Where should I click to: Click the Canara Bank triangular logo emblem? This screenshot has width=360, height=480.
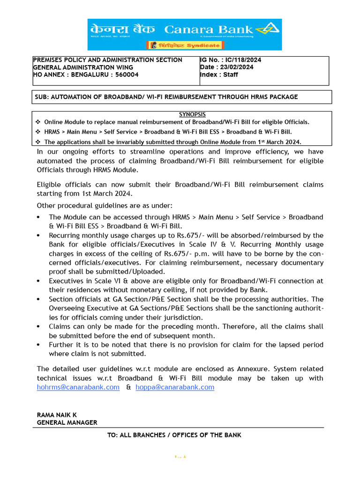[x=269, y=30]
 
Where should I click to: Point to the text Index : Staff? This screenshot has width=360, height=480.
[x=219, y=75]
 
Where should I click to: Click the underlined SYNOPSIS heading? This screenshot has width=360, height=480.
[x=192, y=114]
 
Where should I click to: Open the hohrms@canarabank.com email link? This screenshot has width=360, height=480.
[x=78, y=387]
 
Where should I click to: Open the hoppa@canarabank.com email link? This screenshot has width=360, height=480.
[x=175, y=387]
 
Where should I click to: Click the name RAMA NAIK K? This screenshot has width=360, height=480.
[x=58, y=415]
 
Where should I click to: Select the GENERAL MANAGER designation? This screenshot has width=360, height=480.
[x=67, y=422]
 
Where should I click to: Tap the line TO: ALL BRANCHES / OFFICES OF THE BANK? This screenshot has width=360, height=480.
[x=174, y=435]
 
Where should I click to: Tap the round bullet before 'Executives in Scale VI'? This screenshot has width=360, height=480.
[x=38, y=281]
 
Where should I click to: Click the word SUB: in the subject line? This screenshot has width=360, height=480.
[x=42, y=97]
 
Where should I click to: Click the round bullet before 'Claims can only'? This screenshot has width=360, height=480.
[x=38, y=327]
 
